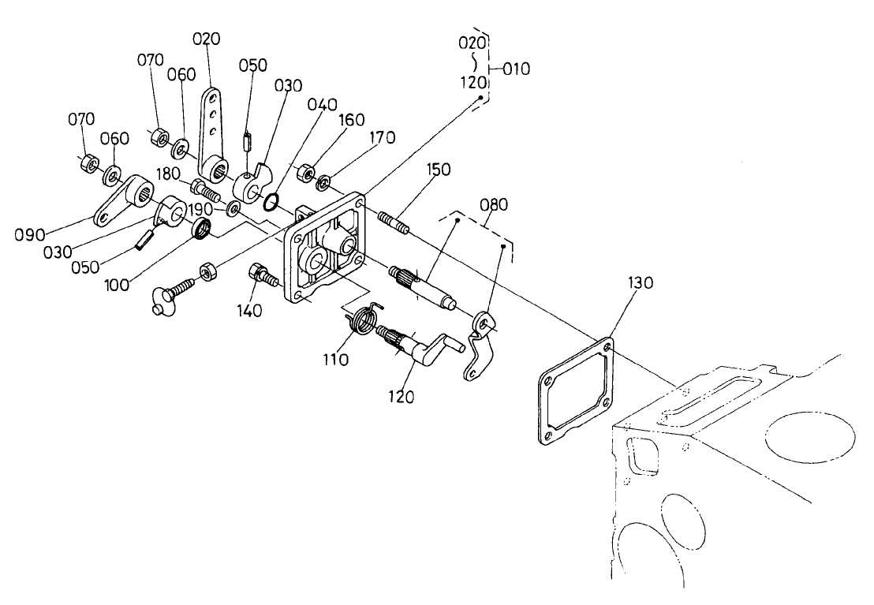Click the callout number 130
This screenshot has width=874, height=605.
point(641,283)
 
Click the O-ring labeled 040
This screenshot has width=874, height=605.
point(270,203)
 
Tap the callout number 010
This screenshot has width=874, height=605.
point(517,69)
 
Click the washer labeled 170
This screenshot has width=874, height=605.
point(323,184)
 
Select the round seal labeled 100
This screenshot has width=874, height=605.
point(204,230)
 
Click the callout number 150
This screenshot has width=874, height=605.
point(439,170)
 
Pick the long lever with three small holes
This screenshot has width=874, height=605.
point(213,126)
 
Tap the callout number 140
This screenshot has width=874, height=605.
point(250,311)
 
